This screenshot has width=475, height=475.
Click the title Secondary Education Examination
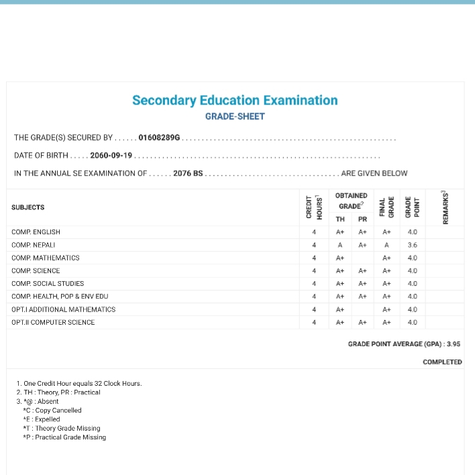click(x=235, y=101)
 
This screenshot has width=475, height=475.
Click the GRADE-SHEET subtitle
click(x=235, y=117)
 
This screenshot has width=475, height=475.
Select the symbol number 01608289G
click(x=159, y=138)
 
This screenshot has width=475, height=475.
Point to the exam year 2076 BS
click(x=187, y=174)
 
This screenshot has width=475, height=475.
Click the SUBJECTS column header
click(x=28, y=208)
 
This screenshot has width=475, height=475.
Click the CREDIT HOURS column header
click(x=314, y=207)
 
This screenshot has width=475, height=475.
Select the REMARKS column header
click(x=445, y=207)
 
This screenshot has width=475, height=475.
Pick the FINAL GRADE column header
click(x=386, y=207)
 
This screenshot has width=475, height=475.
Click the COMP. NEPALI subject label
click(x=34, y=245)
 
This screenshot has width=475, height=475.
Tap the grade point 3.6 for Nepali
click(x=413, y=245)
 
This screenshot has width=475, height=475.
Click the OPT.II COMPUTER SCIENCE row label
click(x=53, y=323)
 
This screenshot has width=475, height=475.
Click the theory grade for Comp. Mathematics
click(x=340, y=258)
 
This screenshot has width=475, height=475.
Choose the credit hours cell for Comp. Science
click(x=314, y=271)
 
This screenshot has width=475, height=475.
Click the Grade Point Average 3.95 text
click(x=404, y=344)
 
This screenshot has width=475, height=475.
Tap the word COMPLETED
click(x=442, y=362)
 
